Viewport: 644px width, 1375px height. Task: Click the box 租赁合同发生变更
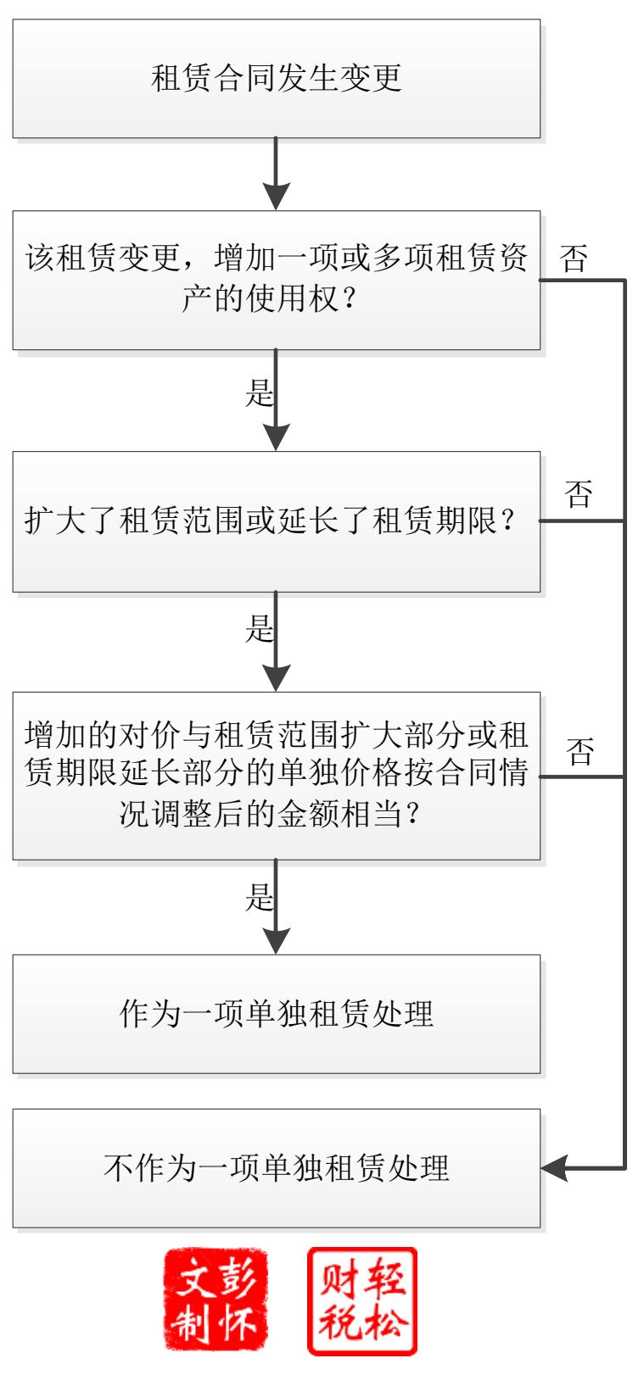point(276,79)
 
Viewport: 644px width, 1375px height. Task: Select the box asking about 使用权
point(276,280)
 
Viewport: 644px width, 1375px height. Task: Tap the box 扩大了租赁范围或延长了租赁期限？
point(276,520)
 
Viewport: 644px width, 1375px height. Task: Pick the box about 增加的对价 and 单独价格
point(276,775)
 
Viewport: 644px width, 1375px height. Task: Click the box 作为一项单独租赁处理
point(276,1014)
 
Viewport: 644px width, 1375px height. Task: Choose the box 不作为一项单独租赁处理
point(276,1168)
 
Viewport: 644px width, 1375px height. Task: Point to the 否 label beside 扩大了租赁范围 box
point(578,493)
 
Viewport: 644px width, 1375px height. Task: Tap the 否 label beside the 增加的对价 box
point(580,751)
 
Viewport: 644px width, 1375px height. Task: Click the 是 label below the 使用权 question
point(259,392)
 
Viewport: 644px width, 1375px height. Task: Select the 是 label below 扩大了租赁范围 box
point(259,629)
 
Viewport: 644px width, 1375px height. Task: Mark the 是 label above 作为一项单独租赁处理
point(259,897)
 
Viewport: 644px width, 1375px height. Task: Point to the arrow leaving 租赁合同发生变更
point(276,174)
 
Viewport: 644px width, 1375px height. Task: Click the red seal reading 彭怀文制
point(216,1299)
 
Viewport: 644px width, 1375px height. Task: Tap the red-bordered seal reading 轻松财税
point(362,1300)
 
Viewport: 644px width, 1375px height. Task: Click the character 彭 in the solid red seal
point(238,1276)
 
